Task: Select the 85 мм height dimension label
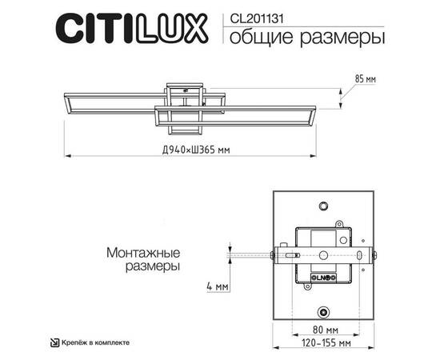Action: tap(363, 79)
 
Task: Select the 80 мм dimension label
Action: tap(324, 330)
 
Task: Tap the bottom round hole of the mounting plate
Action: tap(324, 311)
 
